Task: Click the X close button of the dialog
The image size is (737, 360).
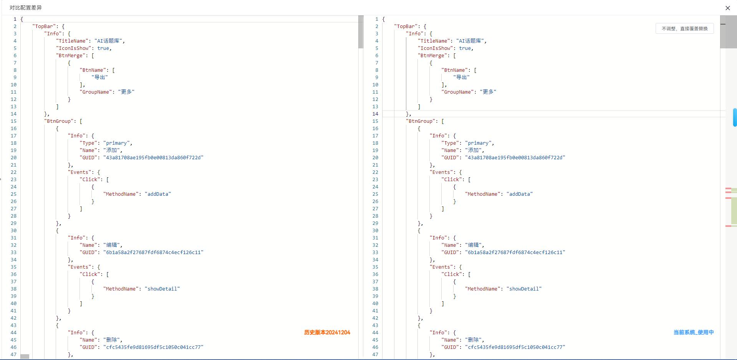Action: point(727,8)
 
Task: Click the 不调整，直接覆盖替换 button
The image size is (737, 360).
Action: point(684,28)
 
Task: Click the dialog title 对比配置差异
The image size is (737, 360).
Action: point(26,8)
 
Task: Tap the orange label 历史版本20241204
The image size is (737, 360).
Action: point(327,332)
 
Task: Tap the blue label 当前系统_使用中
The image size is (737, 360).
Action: point(694,332)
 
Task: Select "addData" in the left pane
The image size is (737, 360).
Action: point(158,194)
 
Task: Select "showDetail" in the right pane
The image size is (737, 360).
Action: point(524,289)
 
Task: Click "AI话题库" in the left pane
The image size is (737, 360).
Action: point(109,41)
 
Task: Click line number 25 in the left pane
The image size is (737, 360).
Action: point(13,194)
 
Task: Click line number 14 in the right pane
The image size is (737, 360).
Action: point(375,114)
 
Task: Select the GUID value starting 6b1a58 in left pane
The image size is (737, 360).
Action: point(153,252)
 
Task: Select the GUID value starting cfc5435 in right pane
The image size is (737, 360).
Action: point(515,347)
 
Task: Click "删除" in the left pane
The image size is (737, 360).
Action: point(112,340)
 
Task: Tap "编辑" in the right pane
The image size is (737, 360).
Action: point(474,245)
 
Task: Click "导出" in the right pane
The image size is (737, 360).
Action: point(462,77)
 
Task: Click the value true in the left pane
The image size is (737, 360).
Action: point(103,48)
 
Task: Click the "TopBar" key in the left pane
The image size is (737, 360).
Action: point(44,26)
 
